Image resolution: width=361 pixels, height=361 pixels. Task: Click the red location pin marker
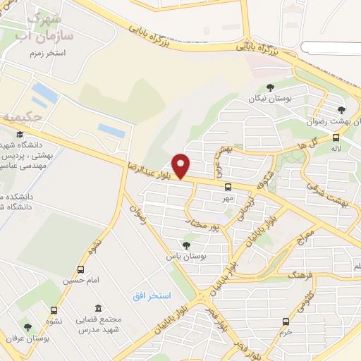182,166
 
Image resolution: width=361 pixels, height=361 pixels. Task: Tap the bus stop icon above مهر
228,187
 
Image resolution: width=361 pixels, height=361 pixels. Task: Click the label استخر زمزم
46,54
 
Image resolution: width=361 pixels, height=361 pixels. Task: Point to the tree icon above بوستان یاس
186,245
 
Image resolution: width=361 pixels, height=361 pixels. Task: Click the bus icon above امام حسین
80,269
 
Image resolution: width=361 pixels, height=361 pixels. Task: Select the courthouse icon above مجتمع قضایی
97,309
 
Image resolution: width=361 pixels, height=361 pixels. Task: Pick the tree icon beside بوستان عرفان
28,326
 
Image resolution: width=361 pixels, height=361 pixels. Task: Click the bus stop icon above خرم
286,321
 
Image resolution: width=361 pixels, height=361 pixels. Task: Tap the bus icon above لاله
338,137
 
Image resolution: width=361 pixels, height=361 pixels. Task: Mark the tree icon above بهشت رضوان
341,109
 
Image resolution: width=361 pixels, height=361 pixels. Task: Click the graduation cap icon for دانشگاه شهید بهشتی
20,134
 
